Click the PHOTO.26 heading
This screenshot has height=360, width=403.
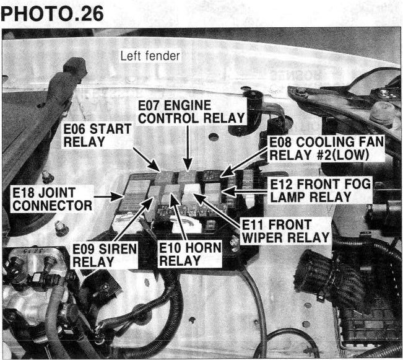(52, 14)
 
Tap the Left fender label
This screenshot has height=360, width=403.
(150, 56)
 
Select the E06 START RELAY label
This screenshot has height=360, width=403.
(97, 135)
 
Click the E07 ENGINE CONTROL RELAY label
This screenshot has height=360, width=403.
(191, 112)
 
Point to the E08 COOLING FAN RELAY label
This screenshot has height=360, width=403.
(326, 149)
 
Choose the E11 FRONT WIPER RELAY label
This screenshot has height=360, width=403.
(285, 231)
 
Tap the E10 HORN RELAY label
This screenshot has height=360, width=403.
(190, 254)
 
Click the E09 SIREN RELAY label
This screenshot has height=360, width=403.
(105, 255)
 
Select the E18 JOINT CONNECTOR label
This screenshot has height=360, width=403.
(52, 199)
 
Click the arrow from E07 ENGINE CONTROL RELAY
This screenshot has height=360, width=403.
(188, 147)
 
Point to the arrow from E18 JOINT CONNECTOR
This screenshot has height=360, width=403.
(108, 196)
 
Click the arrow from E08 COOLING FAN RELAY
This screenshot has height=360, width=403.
(245, 164)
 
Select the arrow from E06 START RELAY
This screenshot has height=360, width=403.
(147, 159)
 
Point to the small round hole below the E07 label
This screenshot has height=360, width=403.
(214, 137)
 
